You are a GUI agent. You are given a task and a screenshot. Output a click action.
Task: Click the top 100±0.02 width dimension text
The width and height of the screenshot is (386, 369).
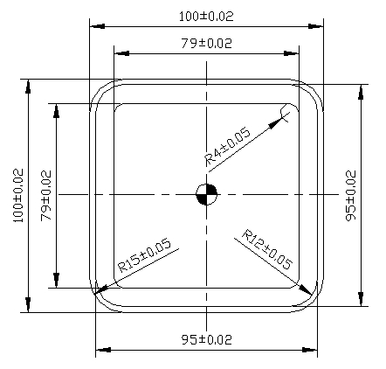pos(206,16)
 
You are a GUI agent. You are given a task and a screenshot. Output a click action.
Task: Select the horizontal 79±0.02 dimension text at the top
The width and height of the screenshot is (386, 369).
pos(206,43)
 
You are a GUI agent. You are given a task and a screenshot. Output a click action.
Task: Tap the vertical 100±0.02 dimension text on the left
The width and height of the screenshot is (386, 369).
pos(17,196)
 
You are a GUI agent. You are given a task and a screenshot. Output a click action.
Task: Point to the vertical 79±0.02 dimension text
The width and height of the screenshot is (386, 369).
pos(46,196)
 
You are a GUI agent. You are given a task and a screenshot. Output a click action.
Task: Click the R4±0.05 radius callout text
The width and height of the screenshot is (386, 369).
pos(227,145)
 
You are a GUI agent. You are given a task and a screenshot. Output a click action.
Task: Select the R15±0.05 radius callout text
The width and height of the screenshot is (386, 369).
pos(145,258)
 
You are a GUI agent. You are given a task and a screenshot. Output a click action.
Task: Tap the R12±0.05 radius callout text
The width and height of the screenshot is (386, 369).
pos(266,249)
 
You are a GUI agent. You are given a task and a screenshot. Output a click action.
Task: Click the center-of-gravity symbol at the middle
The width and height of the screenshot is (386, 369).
pos(206,195)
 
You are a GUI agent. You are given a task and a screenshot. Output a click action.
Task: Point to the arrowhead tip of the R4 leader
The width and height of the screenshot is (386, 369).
pos(289,113)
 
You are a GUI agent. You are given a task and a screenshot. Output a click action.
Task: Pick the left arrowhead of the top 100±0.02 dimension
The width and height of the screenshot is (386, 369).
pos(92,25)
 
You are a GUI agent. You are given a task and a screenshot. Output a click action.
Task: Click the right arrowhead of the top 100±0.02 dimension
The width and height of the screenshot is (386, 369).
pos(321,25)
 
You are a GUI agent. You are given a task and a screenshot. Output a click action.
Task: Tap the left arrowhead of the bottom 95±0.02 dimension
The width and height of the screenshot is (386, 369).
pos(97,350)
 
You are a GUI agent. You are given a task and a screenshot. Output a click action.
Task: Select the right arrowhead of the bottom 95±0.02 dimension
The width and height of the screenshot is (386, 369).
pos(315,350)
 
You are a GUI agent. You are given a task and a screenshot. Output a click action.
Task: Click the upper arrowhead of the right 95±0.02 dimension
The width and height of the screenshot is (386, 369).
pos(361,87)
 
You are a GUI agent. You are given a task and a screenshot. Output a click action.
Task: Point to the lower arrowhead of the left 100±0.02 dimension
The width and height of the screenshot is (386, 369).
pos(28,309)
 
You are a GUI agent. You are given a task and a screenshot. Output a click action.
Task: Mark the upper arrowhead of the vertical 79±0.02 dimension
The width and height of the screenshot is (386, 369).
pos(57,106)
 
